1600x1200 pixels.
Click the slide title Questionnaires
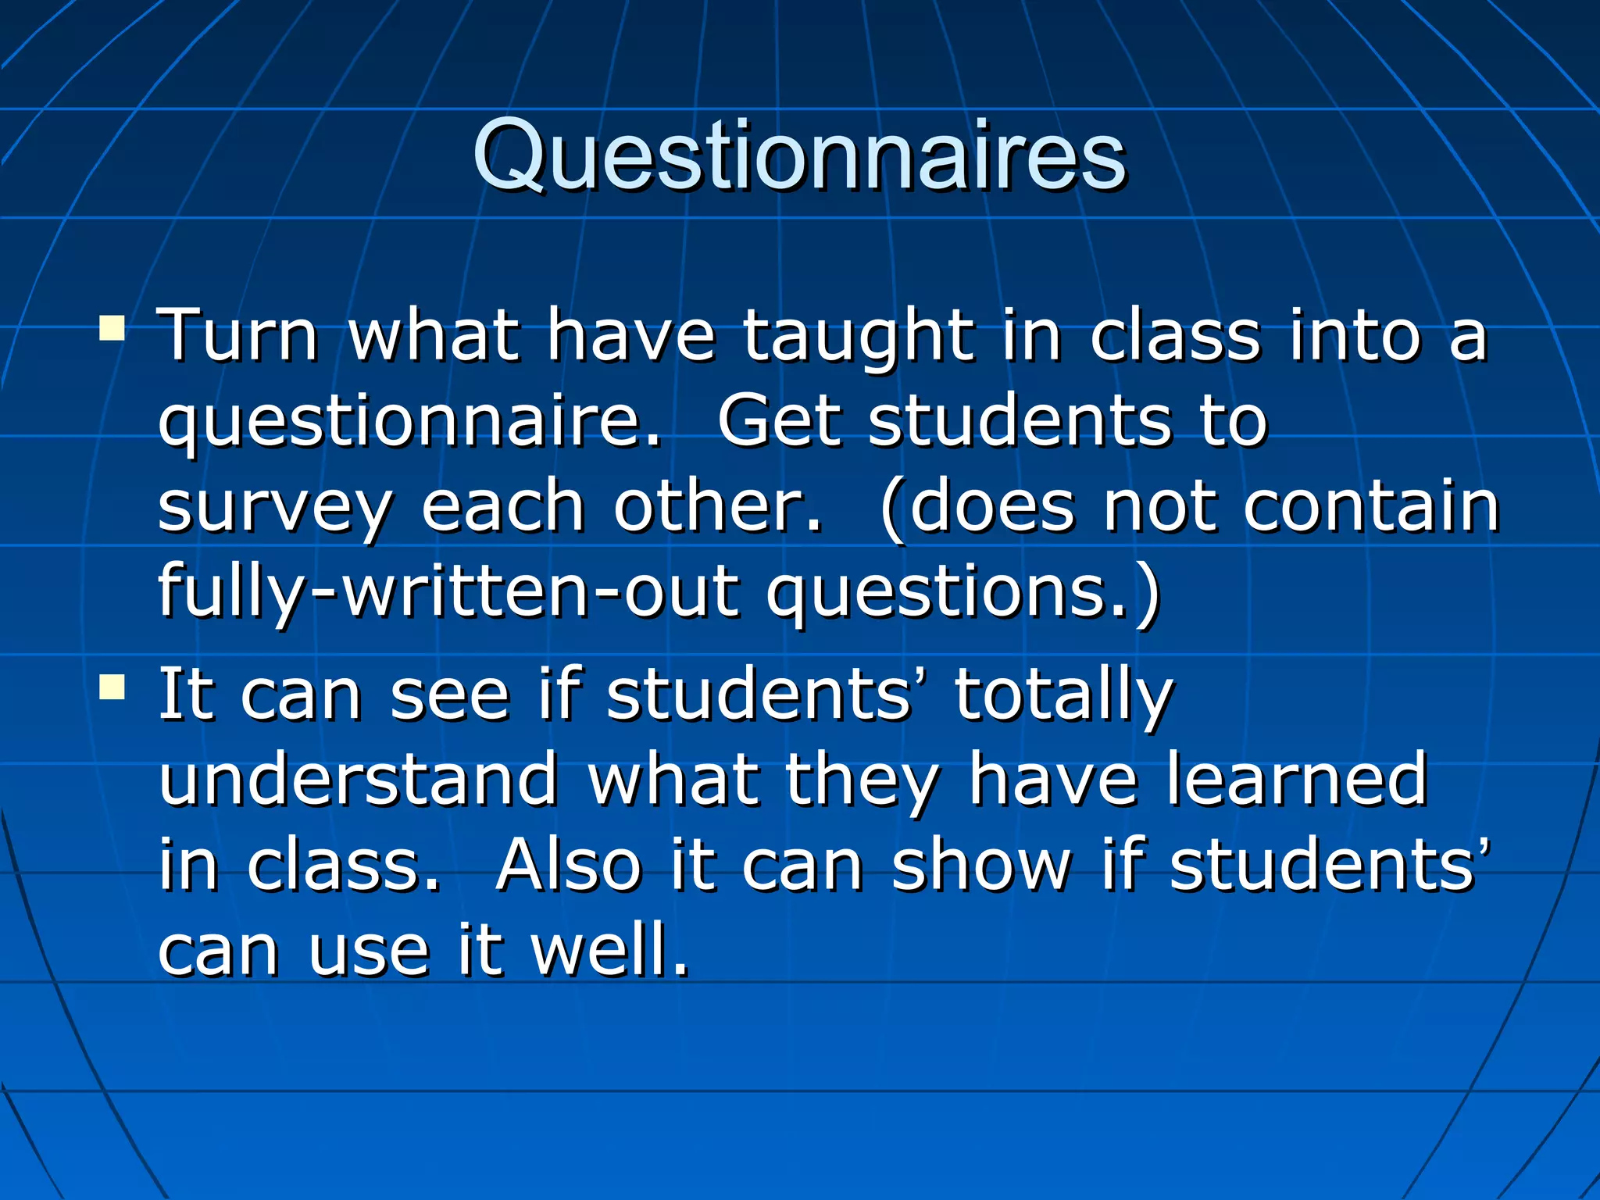(x=799, y=156)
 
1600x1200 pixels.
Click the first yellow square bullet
(x=112, y=328)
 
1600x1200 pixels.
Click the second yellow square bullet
(x=112, y=687)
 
